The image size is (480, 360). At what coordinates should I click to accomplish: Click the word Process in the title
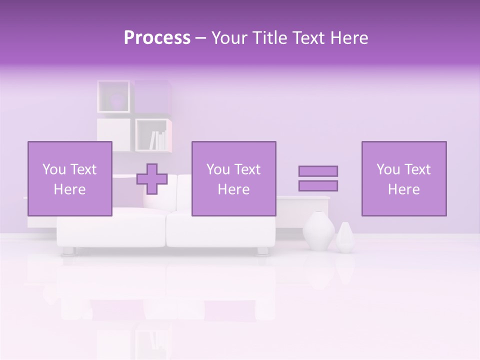tap(157, 38)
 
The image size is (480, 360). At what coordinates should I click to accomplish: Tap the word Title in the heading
tap(268, 38)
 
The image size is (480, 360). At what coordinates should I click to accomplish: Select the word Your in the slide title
tap(229, 38)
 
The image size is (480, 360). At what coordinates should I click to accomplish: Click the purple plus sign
tap(152, 178)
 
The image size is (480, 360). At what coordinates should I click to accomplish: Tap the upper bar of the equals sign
tap(318, 171)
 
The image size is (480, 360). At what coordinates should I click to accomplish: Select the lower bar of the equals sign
tap(318, 185)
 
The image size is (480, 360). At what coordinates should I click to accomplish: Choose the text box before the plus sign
tap(69, 178)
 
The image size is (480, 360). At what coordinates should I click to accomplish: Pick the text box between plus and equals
tap(233, 178)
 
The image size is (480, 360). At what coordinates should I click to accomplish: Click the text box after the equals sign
tap(403, 178)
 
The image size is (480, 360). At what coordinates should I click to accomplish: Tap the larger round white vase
tap(318, 231)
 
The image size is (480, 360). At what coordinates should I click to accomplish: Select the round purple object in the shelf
tap(116, 100)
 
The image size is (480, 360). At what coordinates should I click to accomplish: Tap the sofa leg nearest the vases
tap(262, 250)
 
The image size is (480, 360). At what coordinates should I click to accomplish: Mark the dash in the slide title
tap(200, 38)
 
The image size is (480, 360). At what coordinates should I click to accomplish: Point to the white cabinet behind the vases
tap(303, 210)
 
